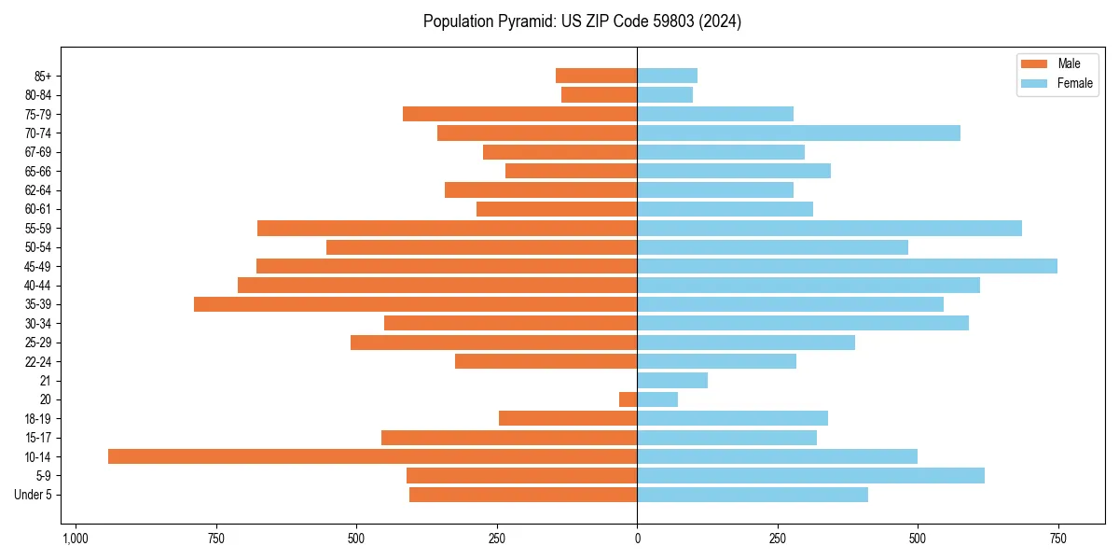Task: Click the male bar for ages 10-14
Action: pos(372,456)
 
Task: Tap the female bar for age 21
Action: pos(672,380)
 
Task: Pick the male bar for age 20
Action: pos(628,399)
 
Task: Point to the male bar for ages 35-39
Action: pos(415,304)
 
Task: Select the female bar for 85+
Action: pos(667,76)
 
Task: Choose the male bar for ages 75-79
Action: pos(519,114)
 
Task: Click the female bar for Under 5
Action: pos(753,495)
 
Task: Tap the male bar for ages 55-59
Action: pos(447,228)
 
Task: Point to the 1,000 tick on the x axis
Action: pos(76,539)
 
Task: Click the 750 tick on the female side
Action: pos(1057,539)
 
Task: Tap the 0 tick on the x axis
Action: pos(637,539)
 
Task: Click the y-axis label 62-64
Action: pos(38,190)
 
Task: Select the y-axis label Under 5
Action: pos(33,495)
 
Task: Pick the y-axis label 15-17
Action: pos(38,438)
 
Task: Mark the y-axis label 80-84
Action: pos(38,95)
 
